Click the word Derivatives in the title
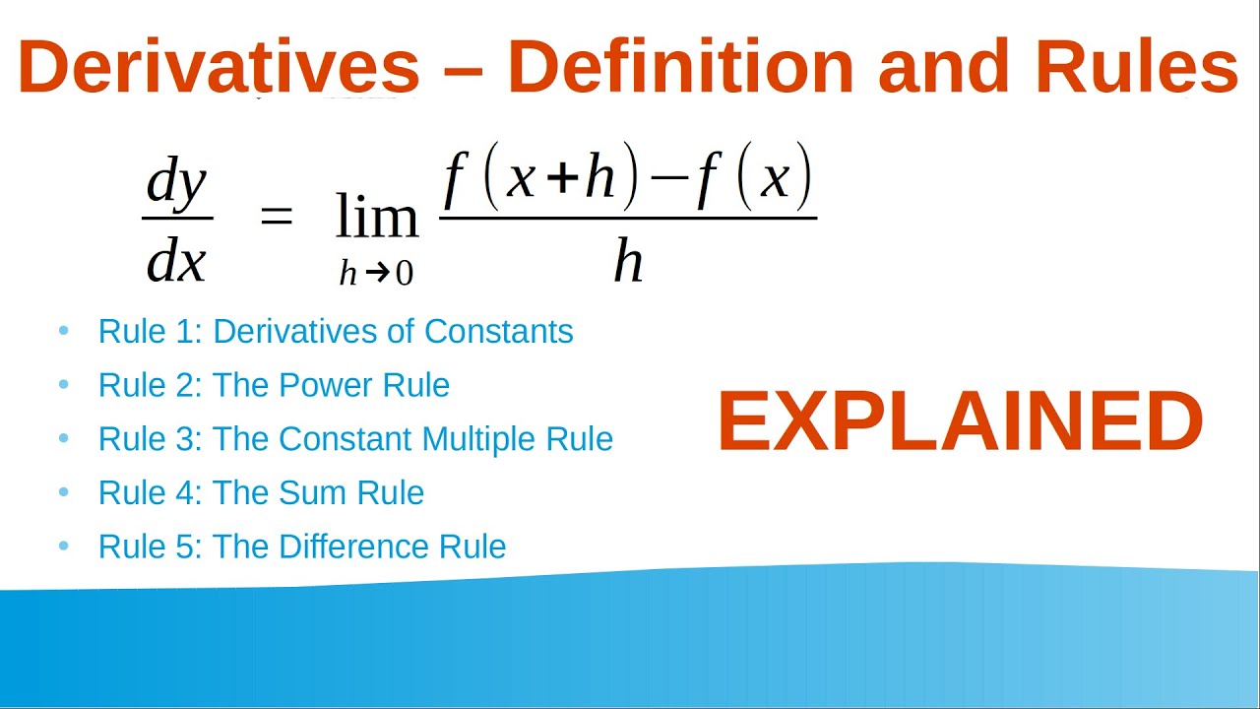coord(219,68)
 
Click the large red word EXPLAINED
coord(960,422)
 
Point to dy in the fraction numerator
coord(177,185)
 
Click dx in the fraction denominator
coord(177,261)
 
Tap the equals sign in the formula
coord(277,217)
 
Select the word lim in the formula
coord(376,217)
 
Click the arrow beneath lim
coord(376,274)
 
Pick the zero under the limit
coord(404,274)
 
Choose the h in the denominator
coord(628,261)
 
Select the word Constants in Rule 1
coord(498,332)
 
